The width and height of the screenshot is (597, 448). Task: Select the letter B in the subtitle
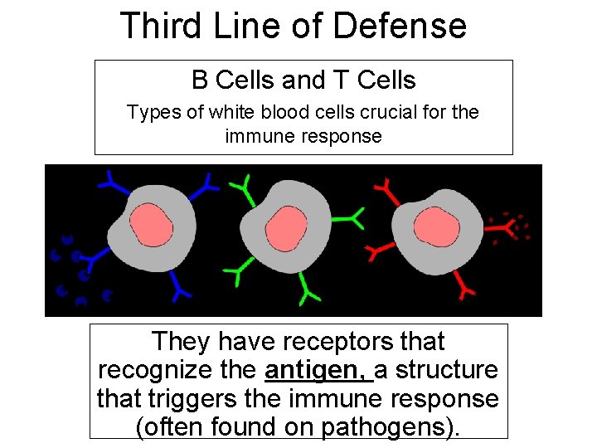point(200,80)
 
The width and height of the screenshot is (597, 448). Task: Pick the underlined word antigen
point(318,370)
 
